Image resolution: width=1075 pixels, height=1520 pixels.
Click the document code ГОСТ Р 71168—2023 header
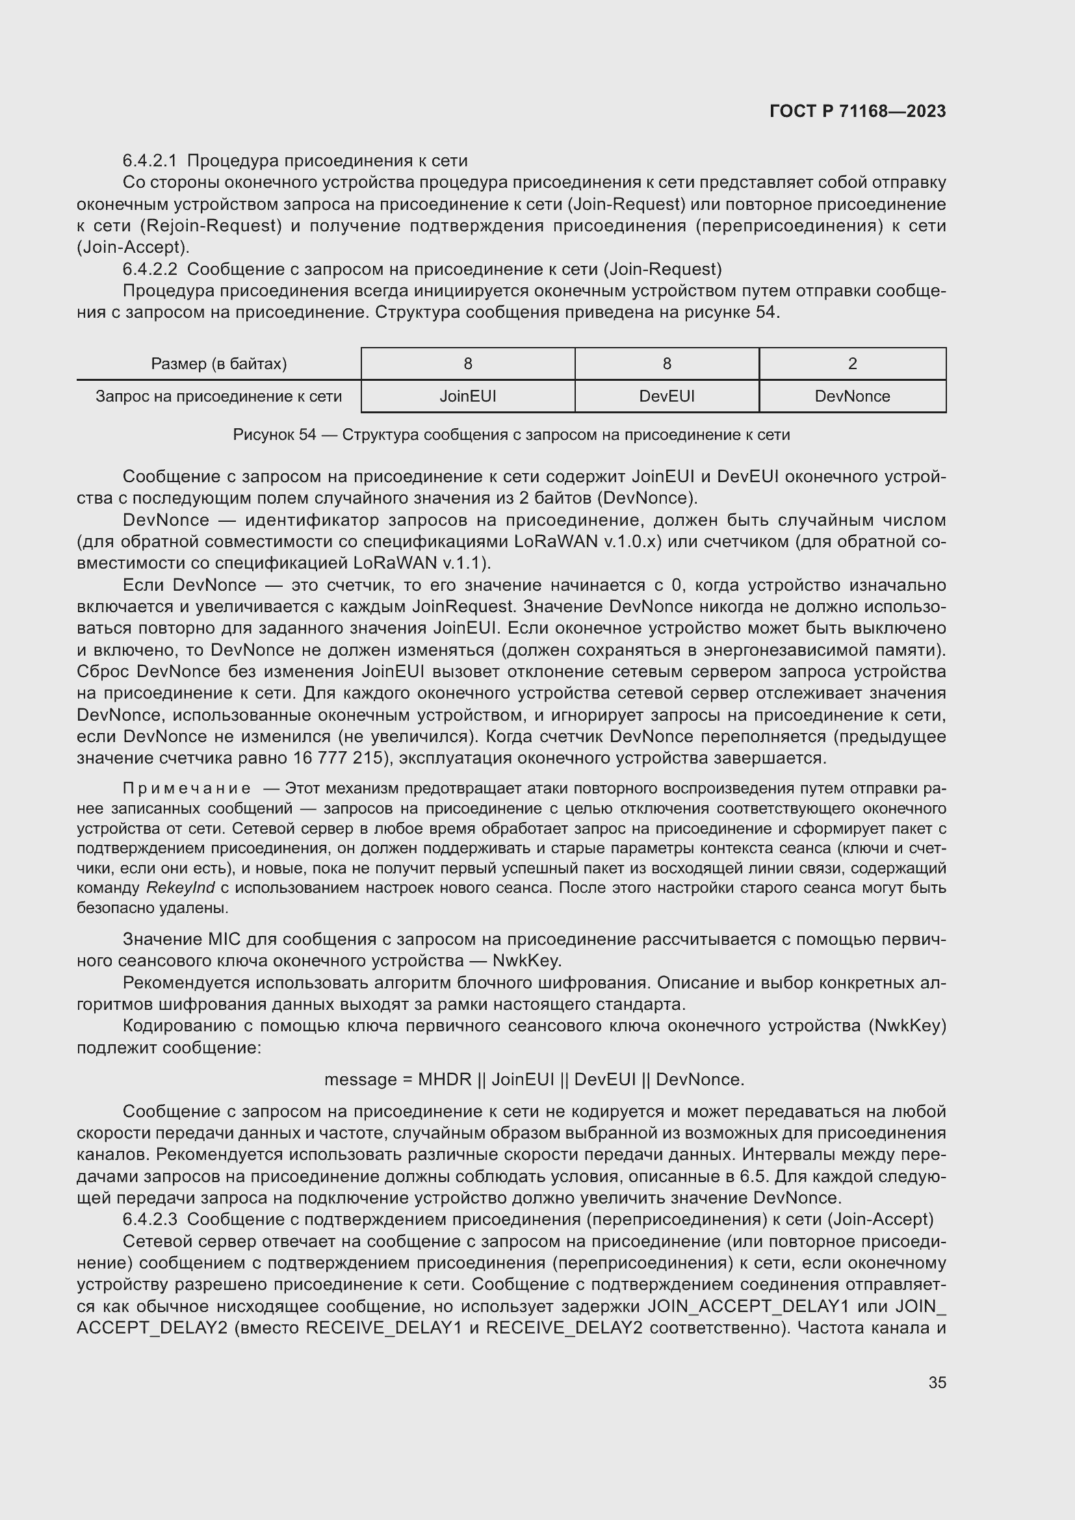click(x=857, y=111)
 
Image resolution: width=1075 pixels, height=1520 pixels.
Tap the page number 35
click(x=937, y=1382)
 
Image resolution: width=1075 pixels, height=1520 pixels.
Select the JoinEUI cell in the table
click(x=467, y=396)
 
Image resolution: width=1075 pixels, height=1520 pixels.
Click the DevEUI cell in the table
click(x=667, y=396)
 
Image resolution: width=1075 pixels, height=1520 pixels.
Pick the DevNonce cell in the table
click(x=852, y=396)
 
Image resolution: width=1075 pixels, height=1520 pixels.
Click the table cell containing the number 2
click(x=852, y=363)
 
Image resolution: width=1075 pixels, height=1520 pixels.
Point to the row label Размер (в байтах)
click(x=218, y=363)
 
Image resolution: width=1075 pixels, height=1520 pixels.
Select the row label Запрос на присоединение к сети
click(x=218, y=396)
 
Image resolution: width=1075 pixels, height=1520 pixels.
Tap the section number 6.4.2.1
click(x=149, y=161)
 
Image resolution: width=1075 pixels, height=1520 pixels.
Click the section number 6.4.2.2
click(x=149, y=270)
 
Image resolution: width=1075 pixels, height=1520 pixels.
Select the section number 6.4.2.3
click(x=149, y=1218)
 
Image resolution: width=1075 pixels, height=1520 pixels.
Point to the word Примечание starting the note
click(x=187, y=788)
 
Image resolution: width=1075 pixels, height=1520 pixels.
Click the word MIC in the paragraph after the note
click(x=224, y=940)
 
